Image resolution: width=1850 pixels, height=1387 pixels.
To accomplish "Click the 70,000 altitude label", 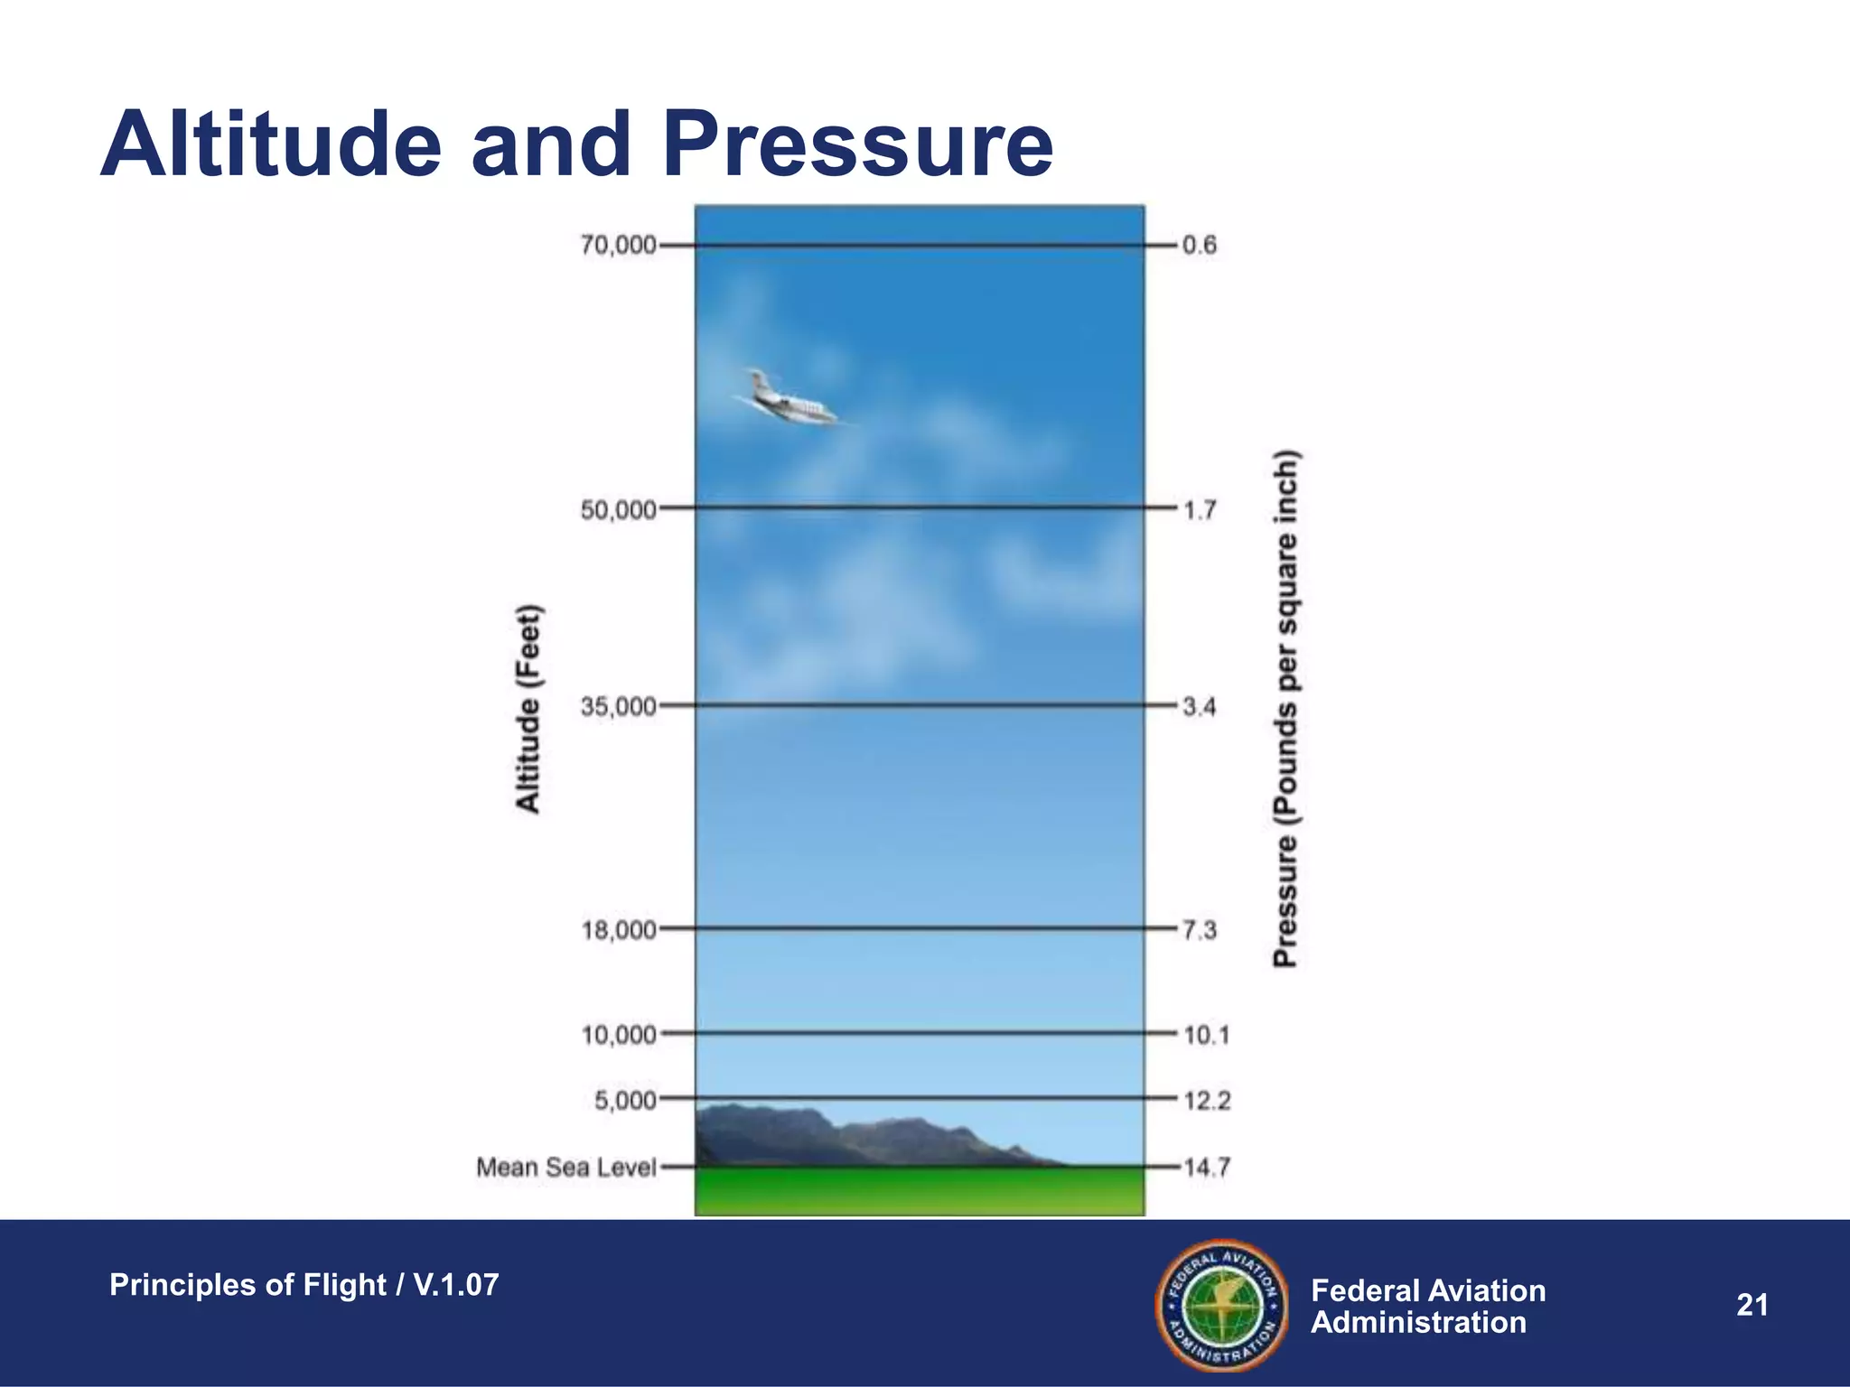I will click(x=618, y=246).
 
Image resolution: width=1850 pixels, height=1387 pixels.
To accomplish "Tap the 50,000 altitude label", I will click(x=618, y=510).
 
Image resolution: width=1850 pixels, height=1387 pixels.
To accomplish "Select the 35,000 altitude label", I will click(x=618, y=706).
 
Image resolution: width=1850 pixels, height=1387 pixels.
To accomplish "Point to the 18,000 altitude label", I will click(x=618, y=930).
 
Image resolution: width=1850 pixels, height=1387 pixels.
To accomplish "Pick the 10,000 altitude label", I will click(x=618, y=1035).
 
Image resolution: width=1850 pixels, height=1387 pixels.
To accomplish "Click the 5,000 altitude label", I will click(x=625, y=1101).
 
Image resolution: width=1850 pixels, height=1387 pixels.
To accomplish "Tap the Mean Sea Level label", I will click(x=565, y=1168).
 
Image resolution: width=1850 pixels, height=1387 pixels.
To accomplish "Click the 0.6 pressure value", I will click(x=1200, y=246).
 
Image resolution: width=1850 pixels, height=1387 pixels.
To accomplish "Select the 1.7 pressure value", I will click(x=1200, y=510).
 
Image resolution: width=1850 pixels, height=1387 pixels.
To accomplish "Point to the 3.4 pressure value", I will click(x=1200, y=706).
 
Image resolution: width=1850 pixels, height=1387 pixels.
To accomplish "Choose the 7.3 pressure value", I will click(x=1200, y=930).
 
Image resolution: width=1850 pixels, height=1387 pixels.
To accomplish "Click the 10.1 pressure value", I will click(x=1207, y=1035).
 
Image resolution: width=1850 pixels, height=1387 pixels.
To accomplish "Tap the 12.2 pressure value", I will click(x=1208, y=1101).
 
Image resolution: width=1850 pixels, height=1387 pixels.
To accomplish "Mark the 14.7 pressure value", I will click(x=1207, y=1168).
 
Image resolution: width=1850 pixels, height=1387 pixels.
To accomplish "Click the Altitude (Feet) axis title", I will click(x=528, y=709).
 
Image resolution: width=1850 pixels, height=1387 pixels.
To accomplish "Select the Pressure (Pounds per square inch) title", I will click(x=1285, y=709).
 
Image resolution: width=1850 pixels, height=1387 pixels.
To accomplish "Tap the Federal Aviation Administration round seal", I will click(x=1221, y=1305).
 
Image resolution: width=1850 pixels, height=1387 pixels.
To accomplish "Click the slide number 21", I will click(x=1752, y=1305).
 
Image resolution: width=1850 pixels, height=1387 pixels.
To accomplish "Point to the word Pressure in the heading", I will click(x=857, y=144).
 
